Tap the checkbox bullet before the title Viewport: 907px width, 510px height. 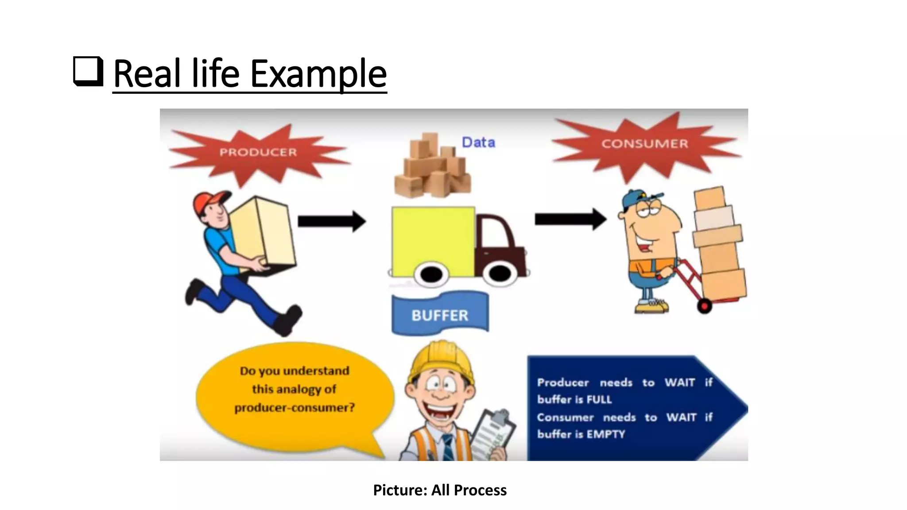tap(88, 71)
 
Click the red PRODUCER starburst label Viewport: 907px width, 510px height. tap(258, 152)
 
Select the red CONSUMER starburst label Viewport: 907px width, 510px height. tap(644, 144)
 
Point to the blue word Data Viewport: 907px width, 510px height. tap(478, 143)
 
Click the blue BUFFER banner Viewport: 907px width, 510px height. tap(440, 315)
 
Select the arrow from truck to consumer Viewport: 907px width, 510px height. tap(570, 219)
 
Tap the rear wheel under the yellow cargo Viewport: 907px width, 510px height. tap(431, 274)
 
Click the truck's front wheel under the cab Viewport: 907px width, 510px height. tap(499, 273)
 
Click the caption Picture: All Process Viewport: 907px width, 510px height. tap(439, 490)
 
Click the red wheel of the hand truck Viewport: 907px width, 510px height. tap(704, 305)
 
